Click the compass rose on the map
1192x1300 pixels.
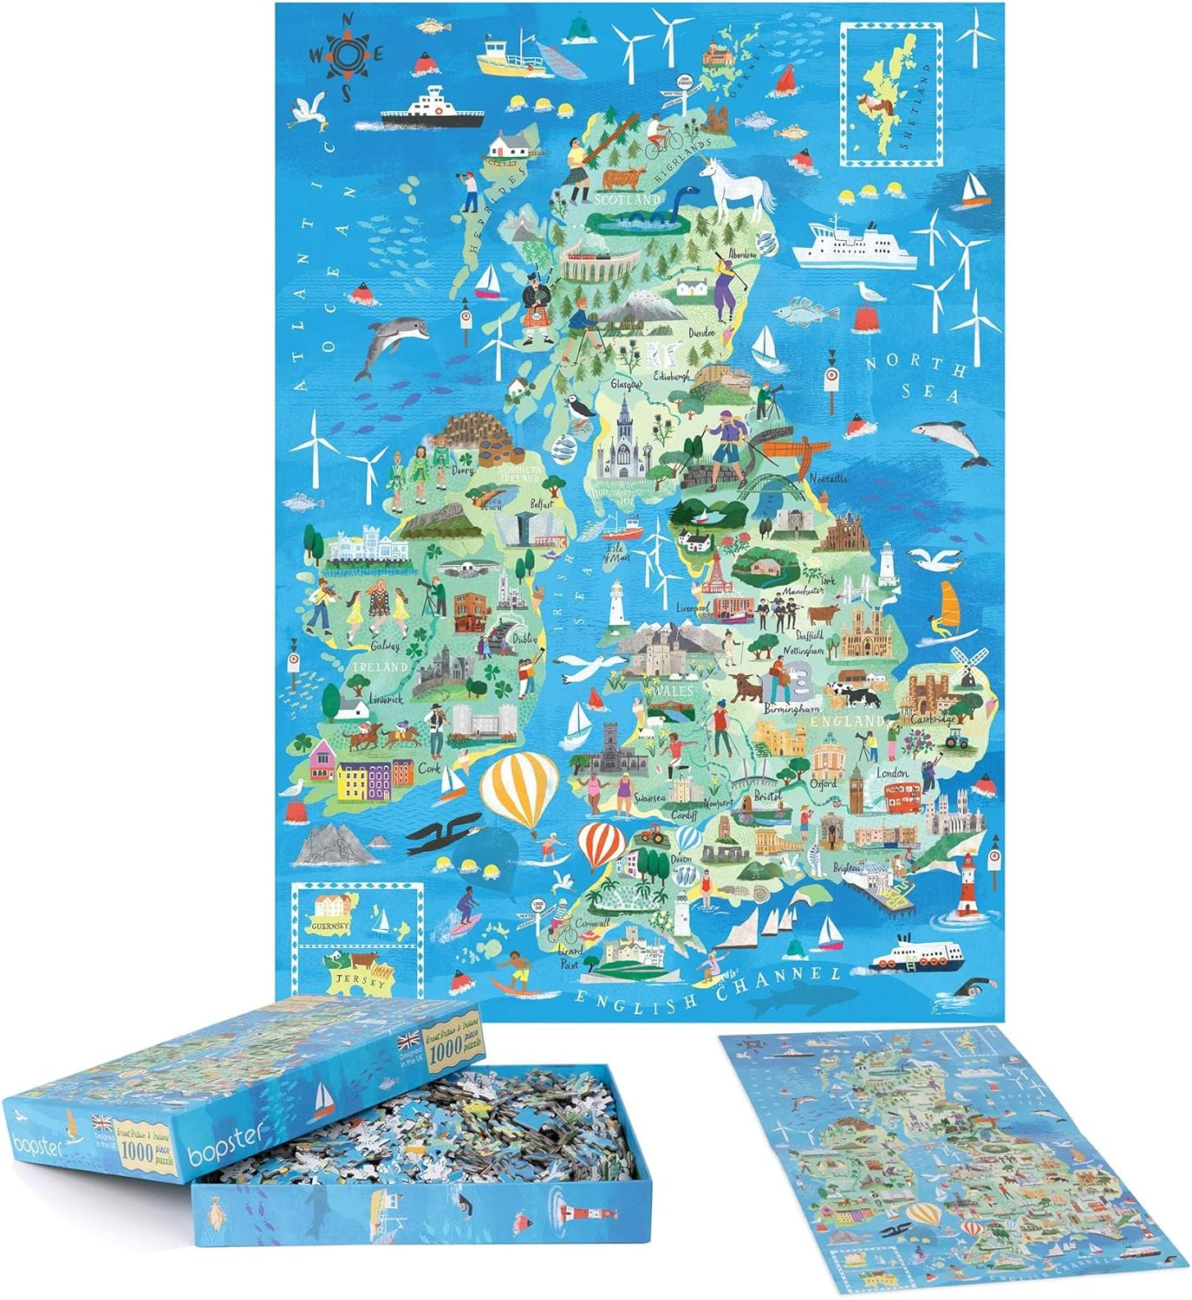(346, 54)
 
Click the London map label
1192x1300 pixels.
(892, 772)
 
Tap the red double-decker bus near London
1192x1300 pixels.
(902, 796)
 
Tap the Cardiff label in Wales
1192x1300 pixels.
(685, 816)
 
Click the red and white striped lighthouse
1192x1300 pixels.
(967, 884)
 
